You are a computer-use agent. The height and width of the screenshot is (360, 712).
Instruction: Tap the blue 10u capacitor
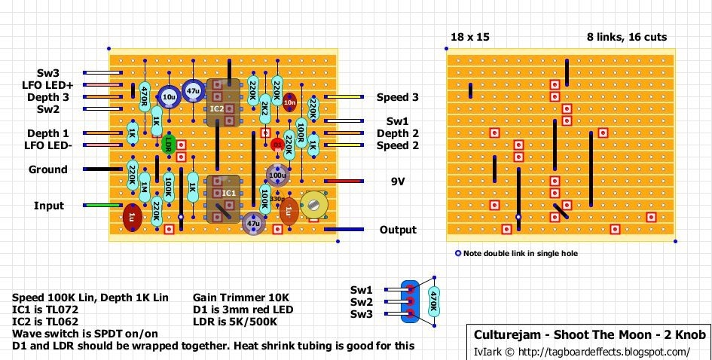(168, 96)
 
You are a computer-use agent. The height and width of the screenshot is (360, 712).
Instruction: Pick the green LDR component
(168, 145)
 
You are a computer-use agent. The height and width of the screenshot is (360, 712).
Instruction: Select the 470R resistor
(144, 96)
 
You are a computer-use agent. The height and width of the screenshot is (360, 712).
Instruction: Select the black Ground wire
(96, 169)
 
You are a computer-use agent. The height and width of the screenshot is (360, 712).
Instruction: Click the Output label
(397, 230)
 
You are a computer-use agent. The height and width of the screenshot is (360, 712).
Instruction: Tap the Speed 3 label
(398, 97)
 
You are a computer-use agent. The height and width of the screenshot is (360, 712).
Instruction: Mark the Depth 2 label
(398, 133)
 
